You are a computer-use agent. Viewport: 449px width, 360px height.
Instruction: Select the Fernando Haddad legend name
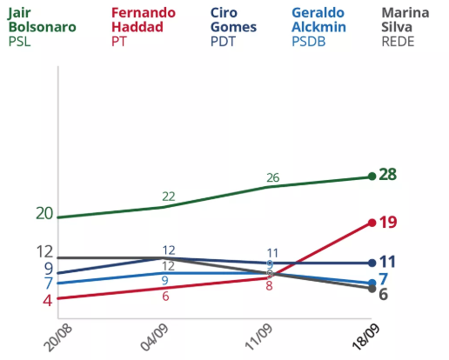(144, 20)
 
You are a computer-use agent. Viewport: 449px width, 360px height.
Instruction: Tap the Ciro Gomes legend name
(233, 20)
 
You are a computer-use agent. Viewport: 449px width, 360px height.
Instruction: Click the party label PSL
(19, 42)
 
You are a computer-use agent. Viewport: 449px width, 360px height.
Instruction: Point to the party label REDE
(399, 42)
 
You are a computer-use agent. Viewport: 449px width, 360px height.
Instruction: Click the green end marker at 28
(372, 177)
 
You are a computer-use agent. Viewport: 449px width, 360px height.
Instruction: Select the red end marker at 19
(372, 223)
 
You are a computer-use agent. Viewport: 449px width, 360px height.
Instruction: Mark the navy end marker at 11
(372, 263)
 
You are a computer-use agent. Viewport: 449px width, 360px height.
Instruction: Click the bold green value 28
(388, 175)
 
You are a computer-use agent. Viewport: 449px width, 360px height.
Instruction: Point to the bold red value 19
(388, 223)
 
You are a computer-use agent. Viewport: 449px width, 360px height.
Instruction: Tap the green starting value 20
(44, 214)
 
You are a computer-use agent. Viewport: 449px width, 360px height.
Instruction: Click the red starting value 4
(49, 300)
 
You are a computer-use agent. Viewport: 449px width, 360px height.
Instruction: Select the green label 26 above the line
(272, 177)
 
